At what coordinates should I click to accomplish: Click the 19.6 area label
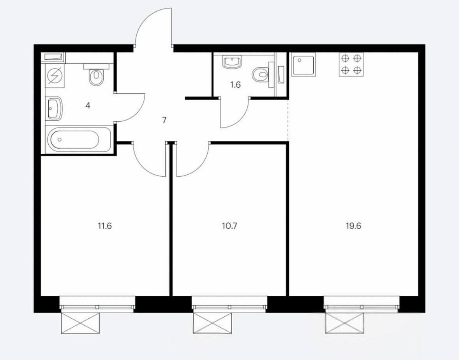[x=353, y=226]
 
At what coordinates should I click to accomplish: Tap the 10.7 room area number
[x=229, y=226]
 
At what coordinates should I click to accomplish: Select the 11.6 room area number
[x=105, y=226]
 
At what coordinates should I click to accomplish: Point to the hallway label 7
[x=164, y=120]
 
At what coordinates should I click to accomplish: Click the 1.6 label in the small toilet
[x=235, y=85]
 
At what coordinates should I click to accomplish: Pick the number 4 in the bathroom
[x=88, y=106]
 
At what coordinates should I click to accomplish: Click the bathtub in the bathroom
[x=79, y=139]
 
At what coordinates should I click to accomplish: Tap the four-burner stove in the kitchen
[x=351, y=64]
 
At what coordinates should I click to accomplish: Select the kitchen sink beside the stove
[x=304, y=64]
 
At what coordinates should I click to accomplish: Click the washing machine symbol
[x=55, y=76]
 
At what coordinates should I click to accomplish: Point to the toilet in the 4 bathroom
[x=96, y=75]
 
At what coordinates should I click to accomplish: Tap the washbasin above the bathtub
[x=54, y=108]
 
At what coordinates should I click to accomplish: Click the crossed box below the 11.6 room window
[x=80, y=323]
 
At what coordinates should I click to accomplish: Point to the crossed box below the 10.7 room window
[x=212, y=323]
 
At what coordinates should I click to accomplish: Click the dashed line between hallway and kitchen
[x=288, y=120]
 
